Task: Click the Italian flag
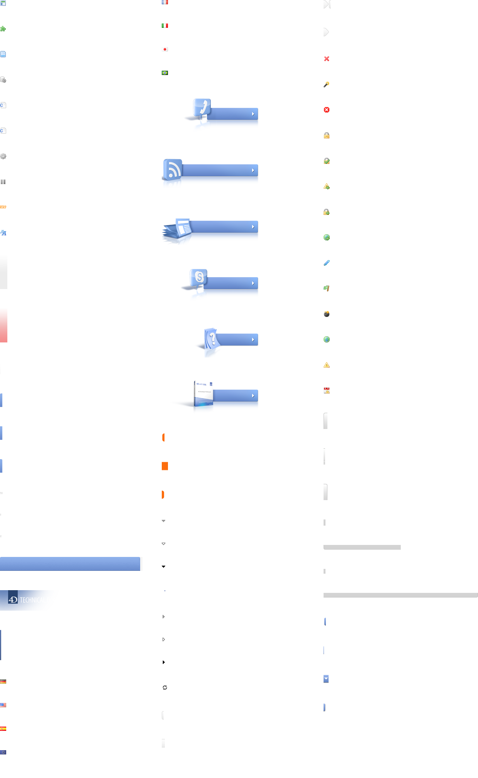[x=165, y=26]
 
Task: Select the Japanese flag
[x=165, y=49]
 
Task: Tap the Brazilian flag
[x=165, y=73]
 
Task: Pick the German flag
[x=3, y=682]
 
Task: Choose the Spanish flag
[x=3, y=729]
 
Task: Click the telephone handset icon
[x=202, y=107]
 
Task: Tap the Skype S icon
[x=199, y=277]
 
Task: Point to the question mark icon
[x=212, y=339]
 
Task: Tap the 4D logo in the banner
[x=13, y=600]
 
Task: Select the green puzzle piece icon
[x=3, y=29]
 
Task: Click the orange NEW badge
[x=3, y=207]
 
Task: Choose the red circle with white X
[x=327, y=110]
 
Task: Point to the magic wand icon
[x=327, y=84]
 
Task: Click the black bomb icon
[x=327, y=313]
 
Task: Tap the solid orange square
[x=165, y=466]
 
